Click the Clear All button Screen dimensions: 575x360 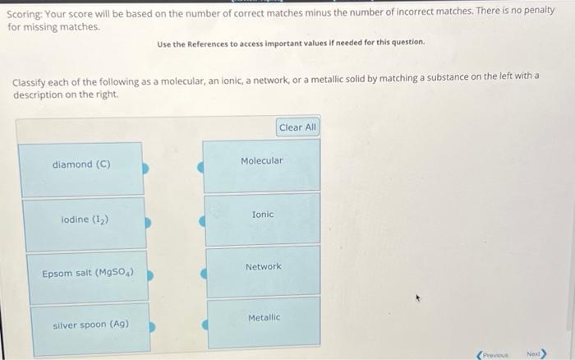click(x=297, y=127)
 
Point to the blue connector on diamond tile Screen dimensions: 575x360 click(x=146, y=168)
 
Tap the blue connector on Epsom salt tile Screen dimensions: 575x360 click(x=150, y=277)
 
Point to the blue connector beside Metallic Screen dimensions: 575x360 click(x=205, y=325)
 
